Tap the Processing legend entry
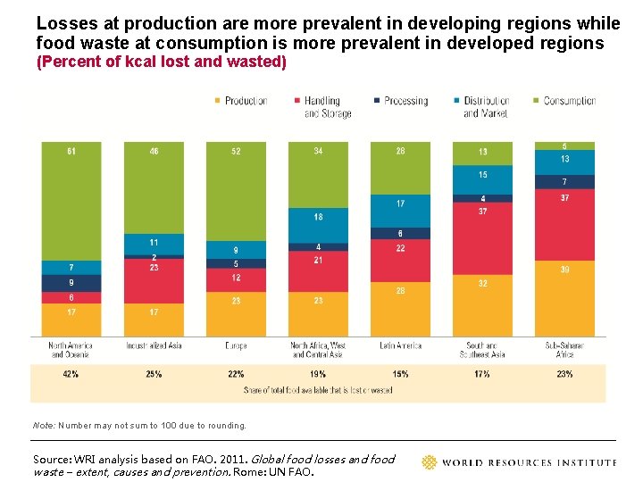401,101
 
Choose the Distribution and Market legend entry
481,107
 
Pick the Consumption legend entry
564,101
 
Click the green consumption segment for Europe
236,191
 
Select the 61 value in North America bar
71,152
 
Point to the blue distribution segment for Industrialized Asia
154,244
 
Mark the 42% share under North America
71,374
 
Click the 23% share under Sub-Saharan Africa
564,374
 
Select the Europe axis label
236,345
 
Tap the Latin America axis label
400,345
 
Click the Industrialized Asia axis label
154,345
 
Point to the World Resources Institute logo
518,461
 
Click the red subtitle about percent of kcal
161,62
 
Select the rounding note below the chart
139,425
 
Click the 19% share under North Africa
318,374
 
